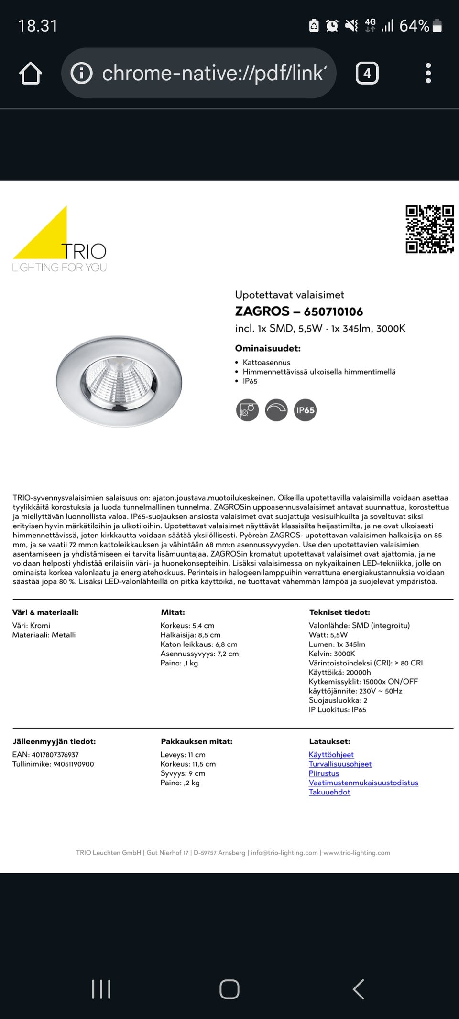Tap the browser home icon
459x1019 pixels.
(x=31, y=74)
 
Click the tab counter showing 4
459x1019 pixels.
(x=367, y=74)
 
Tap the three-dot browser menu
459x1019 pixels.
(x=428, y=74)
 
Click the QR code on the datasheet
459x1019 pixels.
(x=429, y=229)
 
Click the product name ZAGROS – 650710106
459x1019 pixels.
(x=299, y=311)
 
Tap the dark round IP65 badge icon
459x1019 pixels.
(x=305, y=410)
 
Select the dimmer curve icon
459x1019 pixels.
(x=276, y=410)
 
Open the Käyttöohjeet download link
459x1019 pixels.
(x=331, y=754)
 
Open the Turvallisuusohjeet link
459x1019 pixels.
(x=340, y=764)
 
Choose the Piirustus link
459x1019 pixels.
(x=324, y=773)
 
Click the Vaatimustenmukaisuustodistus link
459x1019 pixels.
(x=363, y=783)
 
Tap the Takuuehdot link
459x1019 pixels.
(x=329, y=792)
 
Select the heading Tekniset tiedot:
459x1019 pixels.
(x=339, y=612)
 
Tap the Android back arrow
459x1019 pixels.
(x=359, y=988)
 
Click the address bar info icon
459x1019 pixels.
(x=81, y=74)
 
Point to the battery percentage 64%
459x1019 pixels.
(x=414, y=26)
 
